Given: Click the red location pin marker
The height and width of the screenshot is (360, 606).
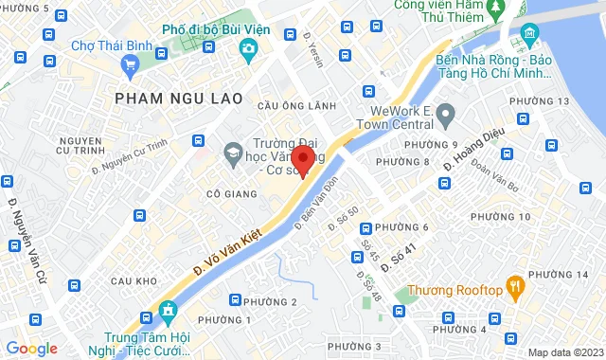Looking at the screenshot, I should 302,160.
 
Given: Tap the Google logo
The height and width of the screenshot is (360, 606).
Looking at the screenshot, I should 31,349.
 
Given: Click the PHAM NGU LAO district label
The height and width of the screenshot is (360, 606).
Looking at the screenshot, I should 178,98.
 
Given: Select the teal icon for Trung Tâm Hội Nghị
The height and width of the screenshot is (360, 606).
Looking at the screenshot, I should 169,311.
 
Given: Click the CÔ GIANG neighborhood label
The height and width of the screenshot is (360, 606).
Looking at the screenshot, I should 212,193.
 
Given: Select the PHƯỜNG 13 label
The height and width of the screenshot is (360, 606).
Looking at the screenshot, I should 539,101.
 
